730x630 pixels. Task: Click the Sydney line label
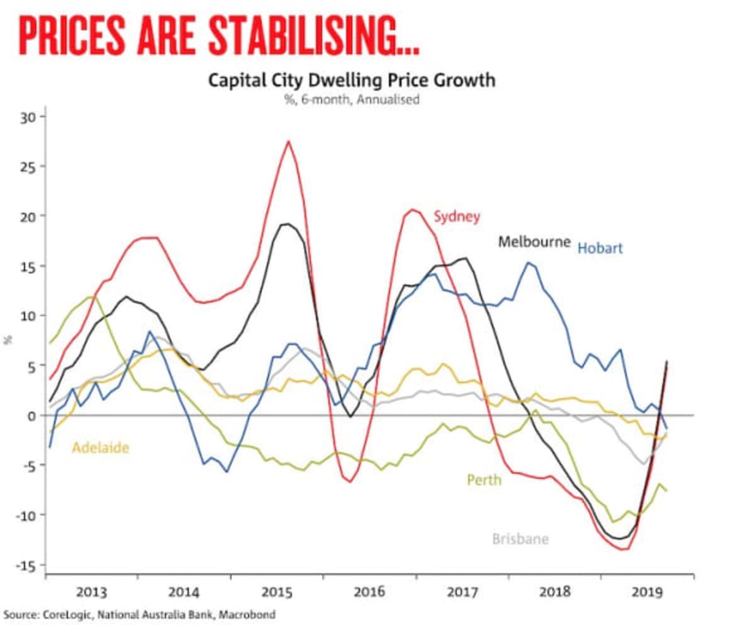(456, 217)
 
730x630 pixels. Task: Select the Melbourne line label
(534, 241)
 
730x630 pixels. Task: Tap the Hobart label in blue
(600, 248)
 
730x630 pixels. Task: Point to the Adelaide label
(100, 448)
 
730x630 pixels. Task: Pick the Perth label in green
(484, 480)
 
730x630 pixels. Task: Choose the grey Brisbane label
(520, 539)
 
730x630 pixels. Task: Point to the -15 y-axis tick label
(29, 564)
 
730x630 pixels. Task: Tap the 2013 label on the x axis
(91, 592)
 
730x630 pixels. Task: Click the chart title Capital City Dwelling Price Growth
(352, 81)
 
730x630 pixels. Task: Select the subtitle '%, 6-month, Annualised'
(352, 100)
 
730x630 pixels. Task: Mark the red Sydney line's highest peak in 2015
(288, 141)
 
